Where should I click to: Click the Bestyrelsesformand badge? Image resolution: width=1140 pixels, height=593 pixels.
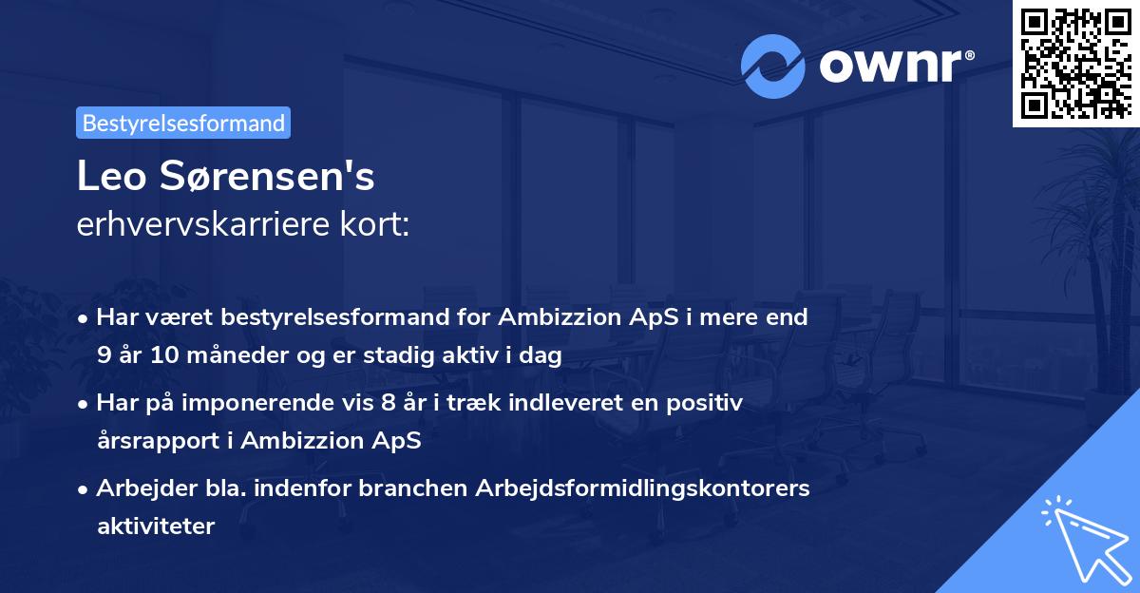click(x=183, y=123)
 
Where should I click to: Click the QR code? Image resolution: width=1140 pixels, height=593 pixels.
click(x=1074, y=64)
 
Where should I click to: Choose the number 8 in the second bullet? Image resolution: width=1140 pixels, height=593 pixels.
click(x=386, y=403)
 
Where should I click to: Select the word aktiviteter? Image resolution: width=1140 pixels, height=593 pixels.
click(x=156, y=526)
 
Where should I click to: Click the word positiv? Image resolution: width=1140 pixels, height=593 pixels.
click(x=707, y=403)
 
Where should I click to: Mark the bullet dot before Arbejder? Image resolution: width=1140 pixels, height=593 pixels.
click(x=85, y=488)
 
